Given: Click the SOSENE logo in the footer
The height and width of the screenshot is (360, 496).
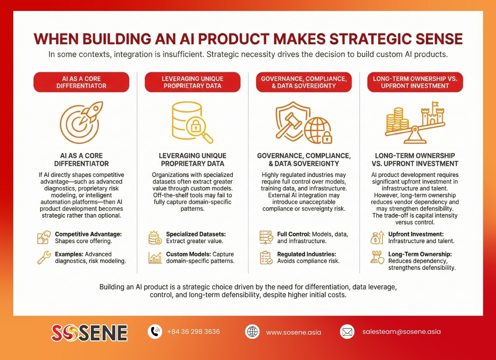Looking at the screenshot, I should pos(89,333).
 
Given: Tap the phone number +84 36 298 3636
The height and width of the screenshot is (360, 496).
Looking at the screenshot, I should pos(193,332).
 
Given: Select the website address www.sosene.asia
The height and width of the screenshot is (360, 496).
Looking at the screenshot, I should pos(293,332).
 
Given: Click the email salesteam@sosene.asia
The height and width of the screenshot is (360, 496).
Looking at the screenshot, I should pos(401,332).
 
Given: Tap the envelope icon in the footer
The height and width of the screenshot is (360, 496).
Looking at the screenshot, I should pos(347,332).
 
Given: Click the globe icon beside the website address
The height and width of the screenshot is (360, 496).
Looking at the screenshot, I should pos(252,332).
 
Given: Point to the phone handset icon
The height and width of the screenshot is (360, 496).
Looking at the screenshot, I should pos(154,332).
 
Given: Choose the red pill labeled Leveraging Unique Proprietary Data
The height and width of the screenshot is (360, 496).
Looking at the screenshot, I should pos(192,82).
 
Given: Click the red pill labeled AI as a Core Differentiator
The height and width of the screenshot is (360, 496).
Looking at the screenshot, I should pos(81,82).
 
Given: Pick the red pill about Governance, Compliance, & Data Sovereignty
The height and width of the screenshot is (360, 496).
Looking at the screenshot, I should pos(303,82).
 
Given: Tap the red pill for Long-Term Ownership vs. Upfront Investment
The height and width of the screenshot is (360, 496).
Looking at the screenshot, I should pos(415,82).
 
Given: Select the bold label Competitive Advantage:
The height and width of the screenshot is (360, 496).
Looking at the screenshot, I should pos(88,235).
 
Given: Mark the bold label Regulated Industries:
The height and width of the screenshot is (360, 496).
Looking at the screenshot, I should pos(306,254).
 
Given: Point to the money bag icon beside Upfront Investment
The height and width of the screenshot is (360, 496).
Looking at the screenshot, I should pos(374,238).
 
